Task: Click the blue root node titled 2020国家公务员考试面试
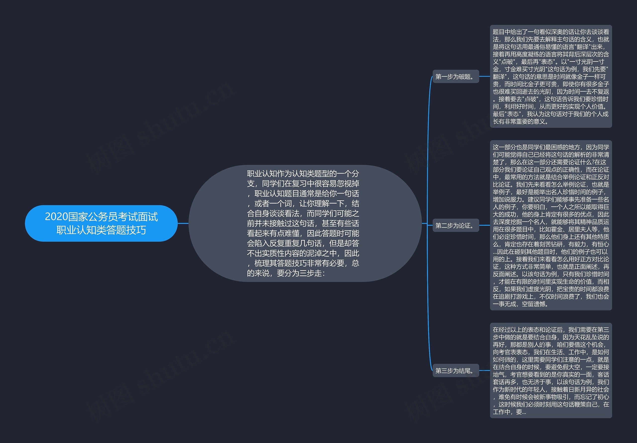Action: (101, 223)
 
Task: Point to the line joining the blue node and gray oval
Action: (183, 223)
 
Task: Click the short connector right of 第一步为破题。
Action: (484, 77)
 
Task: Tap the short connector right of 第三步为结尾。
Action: (484, 371)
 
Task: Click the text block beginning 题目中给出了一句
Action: (551, 77)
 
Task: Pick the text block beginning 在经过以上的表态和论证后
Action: (551, 370)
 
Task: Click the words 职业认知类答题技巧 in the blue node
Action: (101, 230)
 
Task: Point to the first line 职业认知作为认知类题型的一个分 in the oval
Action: (303, 174)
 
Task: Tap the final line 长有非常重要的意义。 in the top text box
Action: (521, 121)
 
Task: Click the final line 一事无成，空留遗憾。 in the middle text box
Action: (521, 304)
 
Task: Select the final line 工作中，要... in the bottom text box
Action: (509, 412)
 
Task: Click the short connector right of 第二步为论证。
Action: (484, 225)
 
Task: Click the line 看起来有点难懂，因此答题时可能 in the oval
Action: (303, 233)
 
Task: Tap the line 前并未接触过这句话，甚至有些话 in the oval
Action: (303, 223)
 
